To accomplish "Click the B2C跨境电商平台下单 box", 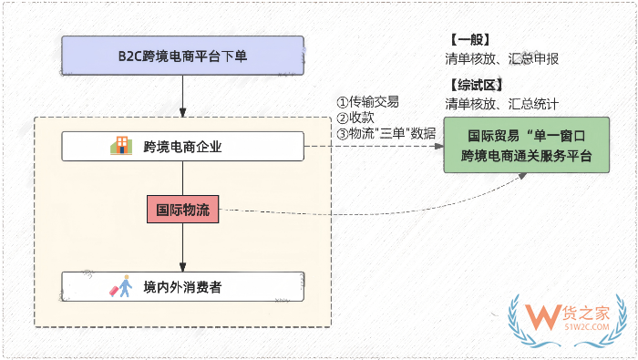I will (183, 56).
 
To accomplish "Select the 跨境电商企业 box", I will (182, 146).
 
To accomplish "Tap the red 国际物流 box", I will (185, 210).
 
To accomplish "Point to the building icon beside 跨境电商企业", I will (120, 146).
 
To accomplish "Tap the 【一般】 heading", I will (468, 39).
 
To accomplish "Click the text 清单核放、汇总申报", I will (500, 58).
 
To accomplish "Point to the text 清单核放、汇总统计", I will (500, 103).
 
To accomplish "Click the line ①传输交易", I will (368, 102).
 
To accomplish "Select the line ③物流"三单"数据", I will (386, 133).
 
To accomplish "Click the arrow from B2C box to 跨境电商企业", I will (183, 100).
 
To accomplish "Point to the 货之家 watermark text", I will (587, 307).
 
